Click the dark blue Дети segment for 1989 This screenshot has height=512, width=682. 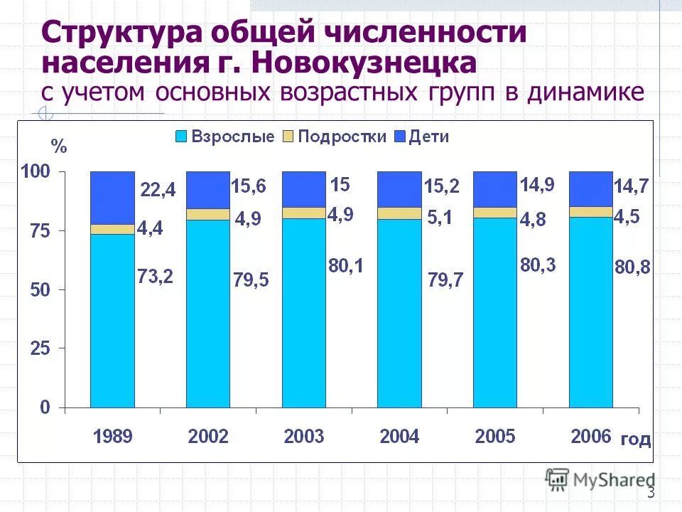click(112, 198)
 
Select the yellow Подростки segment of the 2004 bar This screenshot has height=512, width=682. click(399, 213)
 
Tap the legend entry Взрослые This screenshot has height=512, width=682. click(226, 137)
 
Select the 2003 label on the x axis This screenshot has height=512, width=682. click(304, 437)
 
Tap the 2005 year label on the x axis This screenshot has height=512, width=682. click(495, 437)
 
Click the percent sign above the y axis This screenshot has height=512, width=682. click(59, 147)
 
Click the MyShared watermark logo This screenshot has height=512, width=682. click(600, 480)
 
